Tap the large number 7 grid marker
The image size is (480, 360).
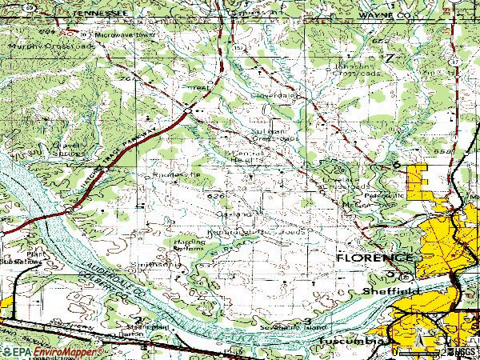click(390, 58)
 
